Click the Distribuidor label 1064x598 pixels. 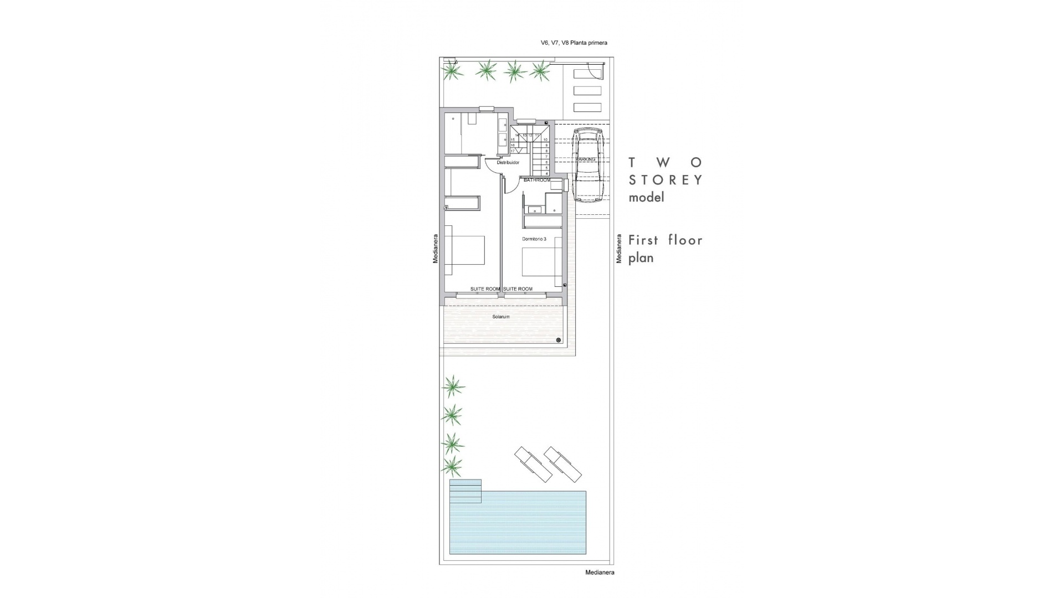pos(508,163)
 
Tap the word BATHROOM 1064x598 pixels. pos(537,180)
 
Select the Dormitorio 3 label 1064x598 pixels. pos(534,239)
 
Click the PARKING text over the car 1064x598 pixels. pos(585,159)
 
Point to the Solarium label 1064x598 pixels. pos(500,317)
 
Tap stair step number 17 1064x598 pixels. pos(513,151)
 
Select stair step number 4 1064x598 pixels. pos(546,173)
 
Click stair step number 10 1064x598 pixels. pos(545,140)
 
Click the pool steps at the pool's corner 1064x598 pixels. pos(465,491)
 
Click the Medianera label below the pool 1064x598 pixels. pos(600,573)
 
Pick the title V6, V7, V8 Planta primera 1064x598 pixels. pos(574,43)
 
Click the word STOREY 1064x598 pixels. pos(666,180)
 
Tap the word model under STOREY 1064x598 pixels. pos(646,198)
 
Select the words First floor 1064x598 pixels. pos(665,240)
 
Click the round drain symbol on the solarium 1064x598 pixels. pos(558,340)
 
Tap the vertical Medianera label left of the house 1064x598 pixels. pos(436,248)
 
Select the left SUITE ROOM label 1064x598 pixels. pos(485,289)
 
